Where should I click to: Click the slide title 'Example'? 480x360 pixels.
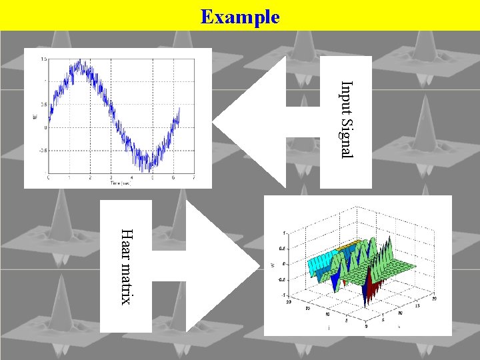pos(240,16)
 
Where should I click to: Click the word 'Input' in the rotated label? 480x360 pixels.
pos(346,96)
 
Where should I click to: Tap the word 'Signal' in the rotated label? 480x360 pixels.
pos(346,137)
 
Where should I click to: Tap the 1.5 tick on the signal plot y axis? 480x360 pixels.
pos(43,59)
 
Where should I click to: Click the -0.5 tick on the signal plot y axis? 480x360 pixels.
pos(42,151)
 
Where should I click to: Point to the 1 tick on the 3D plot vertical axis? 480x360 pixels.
pos(285,232)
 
